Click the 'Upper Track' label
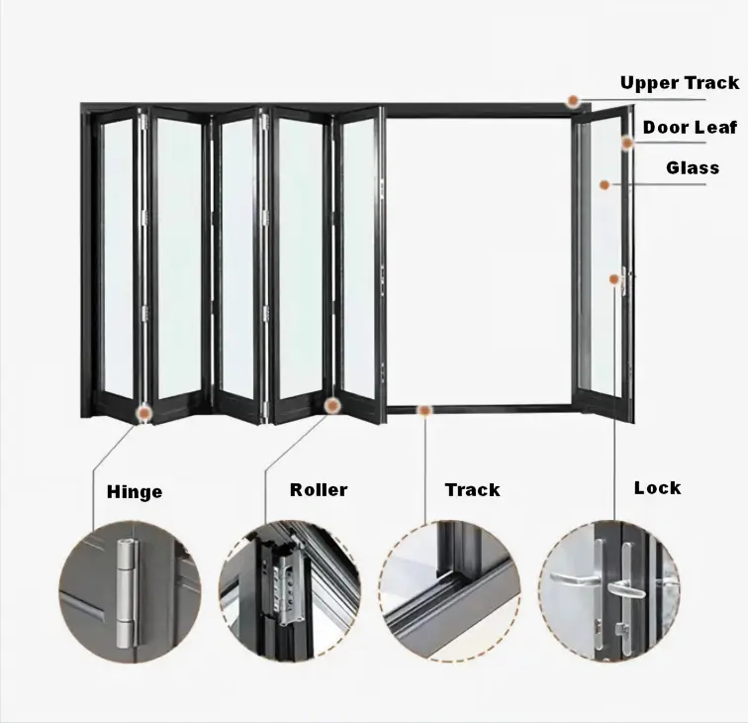[x=680, y=83]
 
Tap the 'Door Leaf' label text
[x=690, y=128]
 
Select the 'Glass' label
[x=693, y=167]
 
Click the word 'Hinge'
[x=135, y=492]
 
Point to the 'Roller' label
[x=319, y=490]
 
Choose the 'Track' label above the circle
[x=472, y=490]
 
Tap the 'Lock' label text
[x=657, y=488]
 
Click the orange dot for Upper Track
[x=573, y=101]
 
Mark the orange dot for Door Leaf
[x=627, y=143]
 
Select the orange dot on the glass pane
[x=605, y=185]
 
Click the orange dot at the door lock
[x=614, y=279]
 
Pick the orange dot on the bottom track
[x=424, y=410]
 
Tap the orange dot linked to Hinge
[x=143, y=412]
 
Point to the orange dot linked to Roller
[x=332, y=406]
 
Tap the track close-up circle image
[x=450, y=591]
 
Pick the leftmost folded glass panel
[x=118, y=258]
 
